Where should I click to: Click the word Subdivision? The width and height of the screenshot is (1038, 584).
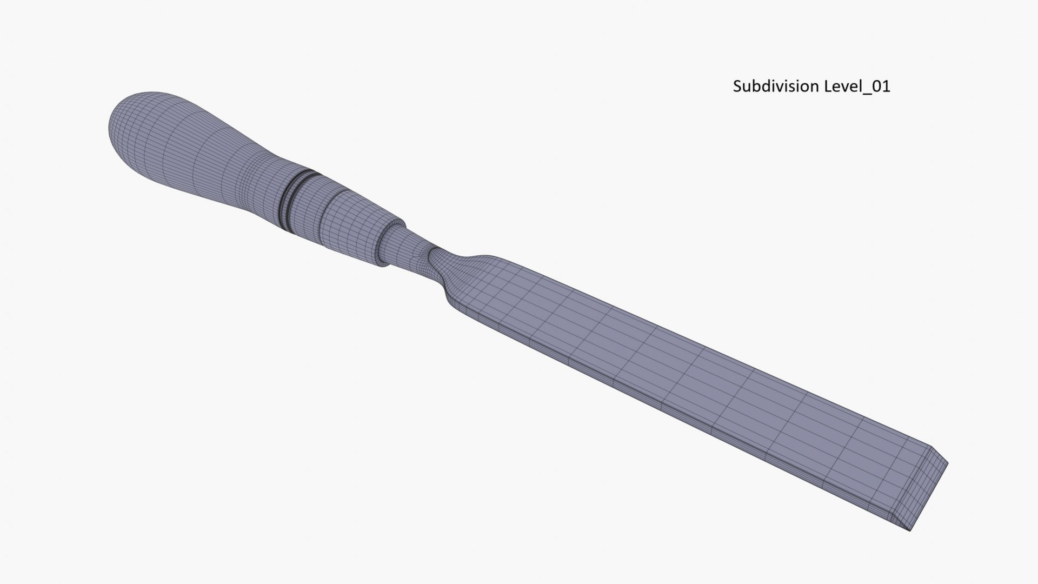coord(776,87)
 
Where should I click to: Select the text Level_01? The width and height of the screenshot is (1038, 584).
coord(857,87)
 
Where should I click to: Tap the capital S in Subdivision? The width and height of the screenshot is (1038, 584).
coord(737,87)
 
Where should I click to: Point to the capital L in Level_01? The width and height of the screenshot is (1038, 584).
coord(828,87)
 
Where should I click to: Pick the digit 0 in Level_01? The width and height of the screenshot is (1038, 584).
coord(878,87)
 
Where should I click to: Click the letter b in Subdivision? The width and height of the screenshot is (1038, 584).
coord(756,87)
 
